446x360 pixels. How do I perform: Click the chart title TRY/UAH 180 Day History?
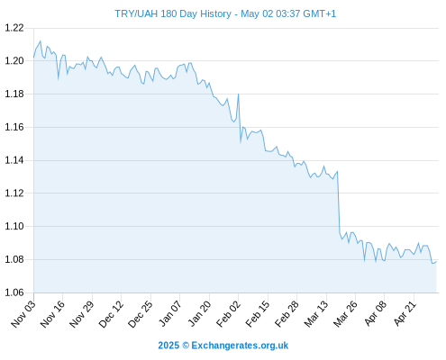[x=173, y=13]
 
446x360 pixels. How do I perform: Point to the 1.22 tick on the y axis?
[x=14, y=28]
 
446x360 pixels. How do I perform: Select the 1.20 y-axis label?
[x=14, y=61]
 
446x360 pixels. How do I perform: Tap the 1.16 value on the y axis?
[x=14, y=127]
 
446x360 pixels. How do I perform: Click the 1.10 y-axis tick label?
[x=14, y=226]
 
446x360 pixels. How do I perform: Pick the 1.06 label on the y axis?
[x=14, y=292]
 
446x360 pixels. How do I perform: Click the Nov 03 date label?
[x=23, y=313]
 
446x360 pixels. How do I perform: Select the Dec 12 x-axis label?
[x=111, y=313]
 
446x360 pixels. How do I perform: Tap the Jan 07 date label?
[x=169, y=313]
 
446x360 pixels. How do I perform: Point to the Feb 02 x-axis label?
[x=228, y=313]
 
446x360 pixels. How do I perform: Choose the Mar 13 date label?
[x=316, y=313]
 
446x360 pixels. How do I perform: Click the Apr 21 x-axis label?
[x=405, y=313]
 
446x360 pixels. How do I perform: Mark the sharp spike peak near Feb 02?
[x=239, y=94]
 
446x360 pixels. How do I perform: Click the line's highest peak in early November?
[x=41, y=41]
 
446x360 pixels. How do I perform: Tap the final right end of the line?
[x=436, y=261]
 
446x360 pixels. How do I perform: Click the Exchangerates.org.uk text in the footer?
[x=240, y=346]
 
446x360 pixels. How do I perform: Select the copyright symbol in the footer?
[x=186, y=346]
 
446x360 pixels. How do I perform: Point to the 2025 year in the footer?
[x=168, y=346]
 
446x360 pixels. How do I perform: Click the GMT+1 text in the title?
[x=320, y=13]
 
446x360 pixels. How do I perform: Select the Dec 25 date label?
[x=141, y=313]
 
